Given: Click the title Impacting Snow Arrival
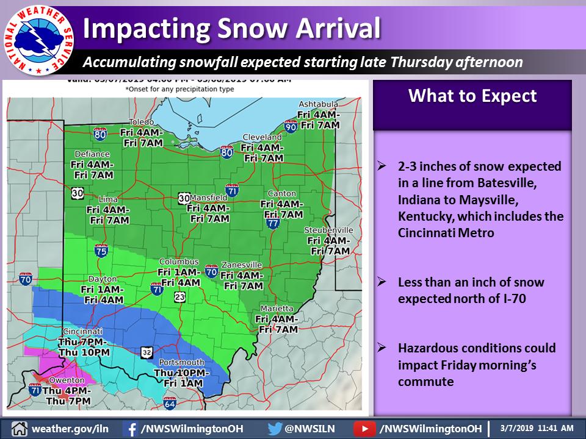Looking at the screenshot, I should pos(232,28).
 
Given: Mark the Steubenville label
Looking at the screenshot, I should pos(329,230).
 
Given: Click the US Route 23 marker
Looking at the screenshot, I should pos(179,297).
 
